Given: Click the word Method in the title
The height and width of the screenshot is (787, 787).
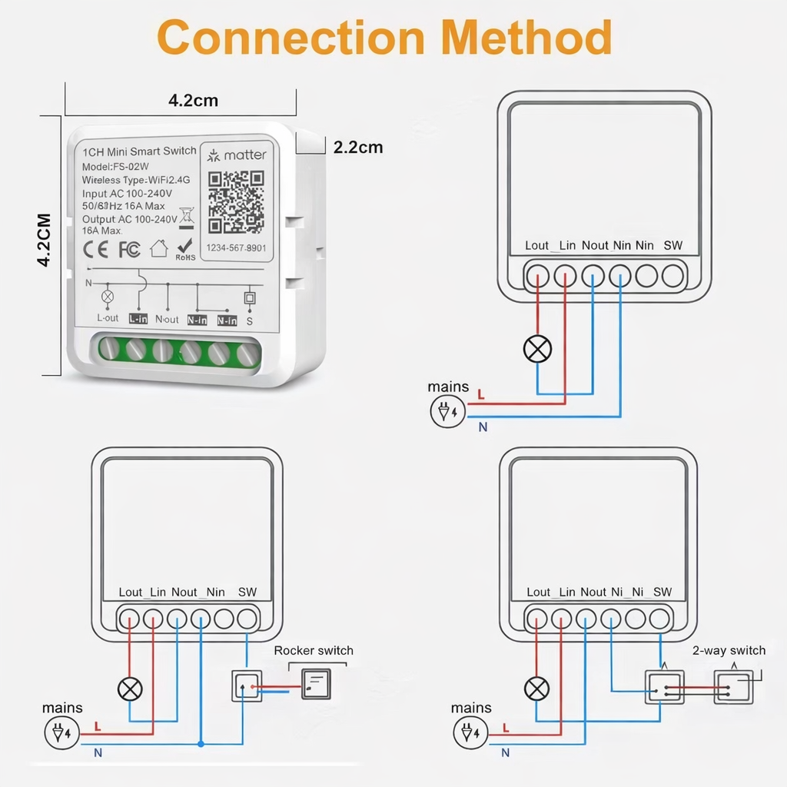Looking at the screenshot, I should click(x=528, y=36).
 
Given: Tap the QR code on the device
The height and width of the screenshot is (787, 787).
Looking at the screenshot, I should click(x=236, y=201).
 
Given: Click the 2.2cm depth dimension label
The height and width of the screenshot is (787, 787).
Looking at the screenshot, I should click(x=357, y=148).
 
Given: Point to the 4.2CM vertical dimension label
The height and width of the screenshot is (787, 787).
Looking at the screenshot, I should click(x=45, y=240).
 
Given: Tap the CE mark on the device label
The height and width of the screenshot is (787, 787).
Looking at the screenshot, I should click(x=96, y=250).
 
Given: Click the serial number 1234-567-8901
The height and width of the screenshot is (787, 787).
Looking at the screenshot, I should click(x=236, y=247).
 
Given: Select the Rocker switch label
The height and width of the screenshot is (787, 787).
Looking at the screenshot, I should click(x=314, y=650).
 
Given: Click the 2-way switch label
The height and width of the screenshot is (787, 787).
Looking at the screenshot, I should click(x=729, y=650).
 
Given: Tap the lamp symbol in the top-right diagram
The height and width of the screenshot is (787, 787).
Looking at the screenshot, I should click(x=537, y=350).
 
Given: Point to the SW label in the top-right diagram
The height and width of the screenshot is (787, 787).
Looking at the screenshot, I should click(x=672, y=245).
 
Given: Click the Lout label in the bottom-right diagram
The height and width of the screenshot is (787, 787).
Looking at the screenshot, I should click(x=538, y=592).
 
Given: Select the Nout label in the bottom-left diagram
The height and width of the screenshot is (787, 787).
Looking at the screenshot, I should click(x=184, y=592).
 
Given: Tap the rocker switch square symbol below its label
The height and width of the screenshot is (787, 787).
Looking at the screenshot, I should click(x=316, y=684).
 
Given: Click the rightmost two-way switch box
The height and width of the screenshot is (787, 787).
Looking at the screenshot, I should click(x=733, y=686).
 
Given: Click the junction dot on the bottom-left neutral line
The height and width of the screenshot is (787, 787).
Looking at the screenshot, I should click(x=201, y=744).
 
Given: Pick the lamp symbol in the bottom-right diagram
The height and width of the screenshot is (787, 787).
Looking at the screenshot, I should click(x=537, y=689).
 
